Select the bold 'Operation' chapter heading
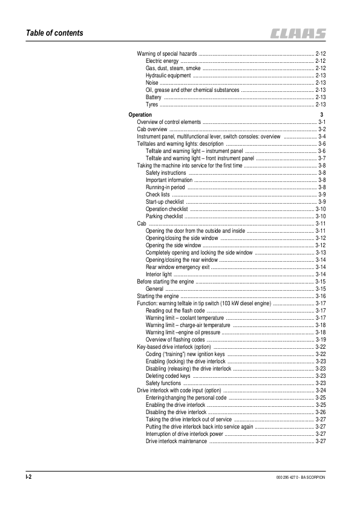pos(140,114)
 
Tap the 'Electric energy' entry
pos(162,61)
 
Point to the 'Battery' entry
pos(154,97)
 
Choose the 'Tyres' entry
pos(152,104)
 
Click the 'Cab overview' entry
pos(152,129)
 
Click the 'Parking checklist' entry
pos(164,216)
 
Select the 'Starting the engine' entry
pos(158,296)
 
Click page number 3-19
pos(321,340)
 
